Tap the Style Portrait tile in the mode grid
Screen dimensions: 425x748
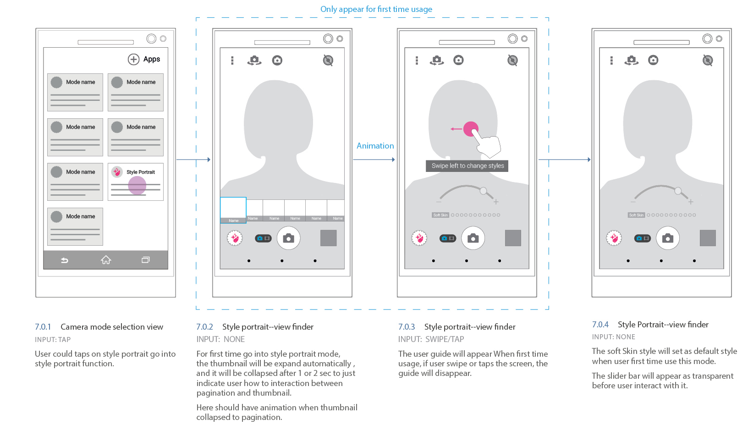(136, 182)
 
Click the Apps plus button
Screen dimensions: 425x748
(133, 59)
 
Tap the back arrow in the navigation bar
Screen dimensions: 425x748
(65, 260)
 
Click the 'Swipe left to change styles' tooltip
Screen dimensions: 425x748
(467, 166)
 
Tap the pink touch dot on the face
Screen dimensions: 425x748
(471, 129)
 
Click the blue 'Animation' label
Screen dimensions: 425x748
(375, 146)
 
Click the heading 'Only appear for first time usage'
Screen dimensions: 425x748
(376, 9)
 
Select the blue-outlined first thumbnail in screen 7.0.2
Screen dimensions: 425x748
(233, 210)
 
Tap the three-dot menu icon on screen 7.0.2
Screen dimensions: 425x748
(232, 61)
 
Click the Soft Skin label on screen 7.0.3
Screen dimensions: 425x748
(440, 215)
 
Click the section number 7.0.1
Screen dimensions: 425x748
(43, 327)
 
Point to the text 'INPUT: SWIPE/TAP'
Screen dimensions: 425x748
(431, 339)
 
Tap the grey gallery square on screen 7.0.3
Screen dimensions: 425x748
(513, 238)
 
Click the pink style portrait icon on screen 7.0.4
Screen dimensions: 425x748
(614, 238)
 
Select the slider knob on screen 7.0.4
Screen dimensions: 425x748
(678, 191)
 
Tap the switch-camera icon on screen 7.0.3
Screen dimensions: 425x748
(437, 60)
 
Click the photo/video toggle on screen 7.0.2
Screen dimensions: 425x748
(263, 238)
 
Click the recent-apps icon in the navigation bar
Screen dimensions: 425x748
(145, 260)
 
